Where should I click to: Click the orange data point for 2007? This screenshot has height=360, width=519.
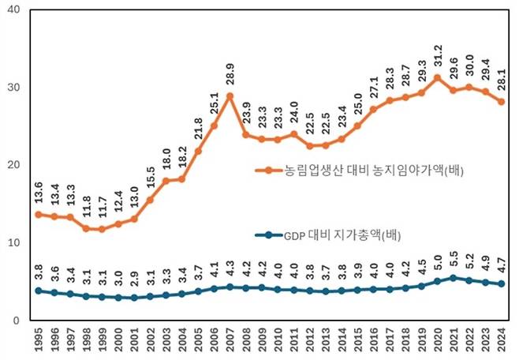click(230, 96)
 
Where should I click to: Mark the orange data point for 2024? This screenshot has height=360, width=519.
click(502, 102)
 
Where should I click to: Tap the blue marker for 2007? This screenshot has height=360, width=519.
click(230, 287)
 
